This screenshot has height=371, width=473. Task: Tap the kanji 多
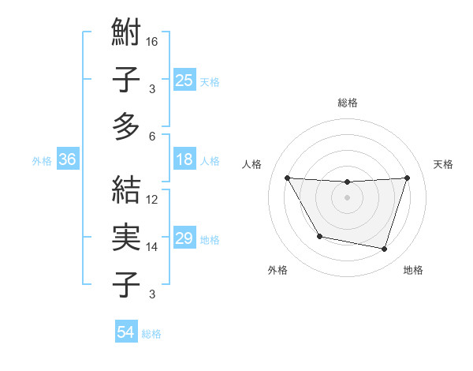(126, 126)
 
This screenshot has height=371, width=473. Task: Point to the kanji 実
(126, 238)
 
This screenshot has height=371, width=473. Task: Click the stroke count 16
(152, 41)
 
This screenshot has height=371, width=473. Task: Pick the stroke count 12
(152, 199)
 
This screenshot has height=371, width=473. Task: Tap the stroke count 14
(152, 246)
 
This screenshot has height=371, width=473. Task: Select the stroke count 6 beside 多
(152, 136)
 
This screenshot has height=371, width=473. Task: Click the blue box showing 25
(184, 80)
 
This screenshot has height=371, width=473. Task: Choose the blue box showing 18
(184, 159)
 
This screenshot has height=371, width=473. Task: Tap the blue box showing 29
(184, 238)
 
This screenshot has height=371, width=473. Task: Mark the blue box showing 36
(68, 159)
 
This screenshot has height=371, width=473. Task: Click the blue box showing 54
(125, 332)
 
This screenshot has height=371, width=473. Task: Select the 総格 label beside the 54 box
(151, 334)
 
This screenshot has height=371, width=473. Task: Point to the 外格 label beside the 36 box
(42, 160)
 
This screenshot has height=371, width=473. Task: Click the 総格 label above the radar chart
(348, 103)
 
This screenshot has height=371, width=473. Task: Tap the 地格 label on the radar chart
(413, 270)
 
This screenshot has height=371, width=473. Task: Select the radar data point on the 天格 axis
(407, 178)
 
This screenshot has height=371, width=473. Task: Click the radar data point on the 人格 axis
(287, 178)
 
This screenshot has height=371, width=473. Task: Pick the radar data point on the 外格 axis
(319, 236)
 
